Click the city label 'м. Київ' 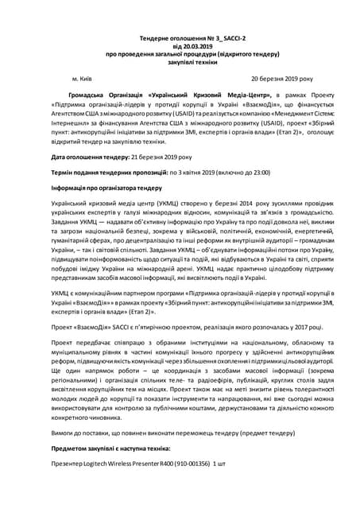click(87, 80)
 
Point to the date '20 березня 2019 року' click(282, 80)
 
